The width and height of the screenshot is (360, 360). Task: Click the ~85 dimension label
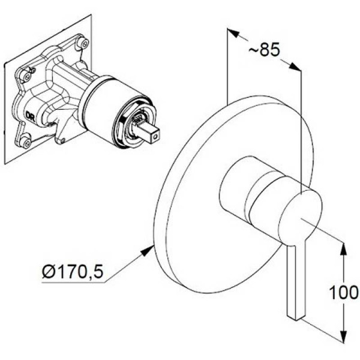264,49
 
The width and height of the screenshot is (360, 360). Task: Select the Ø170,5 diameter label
73,272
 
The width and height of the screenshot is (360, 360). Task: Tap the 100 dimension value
344,292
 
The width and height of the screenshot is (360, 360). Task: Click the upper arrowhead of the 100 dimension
343,249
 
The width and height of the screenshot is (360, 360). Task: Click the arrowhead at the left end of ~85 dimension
232,32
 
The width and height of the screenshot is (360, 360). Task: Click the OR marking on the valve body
30,116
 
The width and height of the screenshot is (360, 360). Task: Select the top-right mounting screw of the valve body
85,43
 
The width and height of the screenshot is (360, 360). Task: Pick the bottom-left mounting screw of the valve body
26,142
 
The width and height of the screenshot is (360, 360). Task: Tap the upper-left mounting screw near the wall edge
27,76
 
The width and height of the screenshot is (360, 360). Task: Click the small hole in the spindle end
156,137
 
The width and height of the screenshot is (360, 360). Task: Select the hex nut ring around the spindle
133,126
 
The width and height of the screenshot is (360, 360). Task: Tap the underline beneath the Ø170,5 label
73,282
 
